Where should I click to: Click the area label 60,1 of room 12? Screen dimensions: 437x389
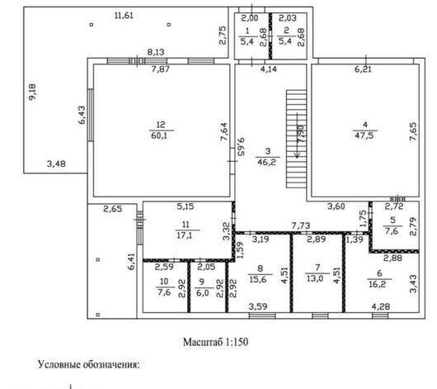tap(159, 136)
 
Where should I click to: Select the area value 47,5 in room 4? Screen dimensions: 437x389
tap(364, 135)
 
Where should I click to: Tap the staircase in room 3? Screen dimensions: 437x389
tap(297, 139)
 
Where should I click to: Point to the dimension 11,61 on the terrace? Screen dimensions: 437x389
tap(124, 16)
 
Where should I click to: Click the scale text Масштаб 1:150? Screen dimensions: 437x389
tap(215, 342)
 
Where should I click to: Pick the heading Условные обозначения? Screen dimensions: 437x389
tap(88, 365)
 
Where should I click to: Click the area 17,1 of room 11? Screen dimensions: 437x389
tap(184, 235)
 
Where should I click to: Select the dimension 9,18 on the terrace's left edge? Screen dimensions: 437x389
tap(33, 93)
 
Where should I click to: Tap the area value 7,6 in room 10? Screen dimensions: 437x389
tap(164, 292)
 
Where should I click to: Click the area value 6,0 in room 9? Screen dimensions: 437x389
tap(203, 293)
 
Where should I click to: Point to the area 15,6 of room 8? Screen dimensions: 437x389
tap(258, 279)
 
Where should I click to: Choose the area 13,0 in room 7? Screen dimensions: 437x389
tap(315, 278)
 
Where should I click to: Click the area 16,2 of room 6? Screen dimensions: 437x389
tap(378, 284)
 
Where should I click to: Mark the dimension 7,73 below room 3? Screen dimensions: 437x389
tap(301, 225)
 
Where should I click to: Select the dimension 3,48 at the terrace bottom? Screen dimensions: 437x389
tap(56, 164)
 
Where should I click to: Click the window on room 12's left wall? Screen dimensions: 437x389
tap(91, 115)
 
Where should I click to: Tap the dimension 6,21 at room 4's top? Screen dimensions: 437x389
tap(363, 69)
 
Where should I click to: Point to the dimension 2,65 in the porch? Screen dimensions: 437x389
tap(113, 209)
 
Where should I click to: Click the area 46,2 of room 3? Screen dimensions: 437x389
tap(266, 162)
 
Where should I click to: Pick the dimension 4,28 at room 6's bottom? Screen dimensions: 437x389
tap(381, 306)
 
